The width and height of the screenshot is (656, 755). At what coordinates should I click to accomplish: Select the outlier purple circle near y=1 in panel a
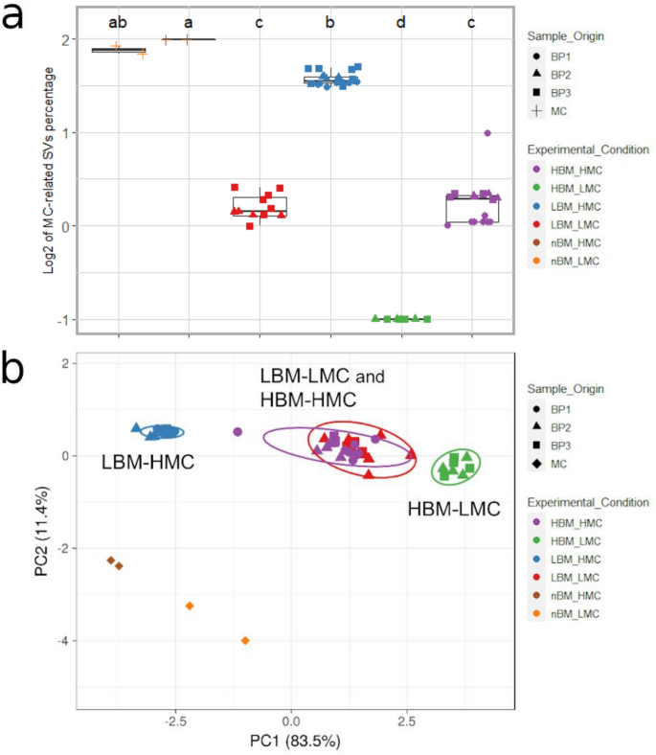(487, 133)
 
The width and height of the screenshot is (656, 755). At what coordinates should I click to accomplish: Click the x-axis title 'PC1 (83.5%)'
(290, 741)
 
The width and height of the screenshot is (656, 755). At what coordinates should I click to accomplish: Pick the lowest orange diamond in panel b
(245, 640)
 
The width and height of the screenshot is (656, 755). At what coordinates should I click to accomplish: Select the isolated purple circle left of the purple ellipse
(238, 432)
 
